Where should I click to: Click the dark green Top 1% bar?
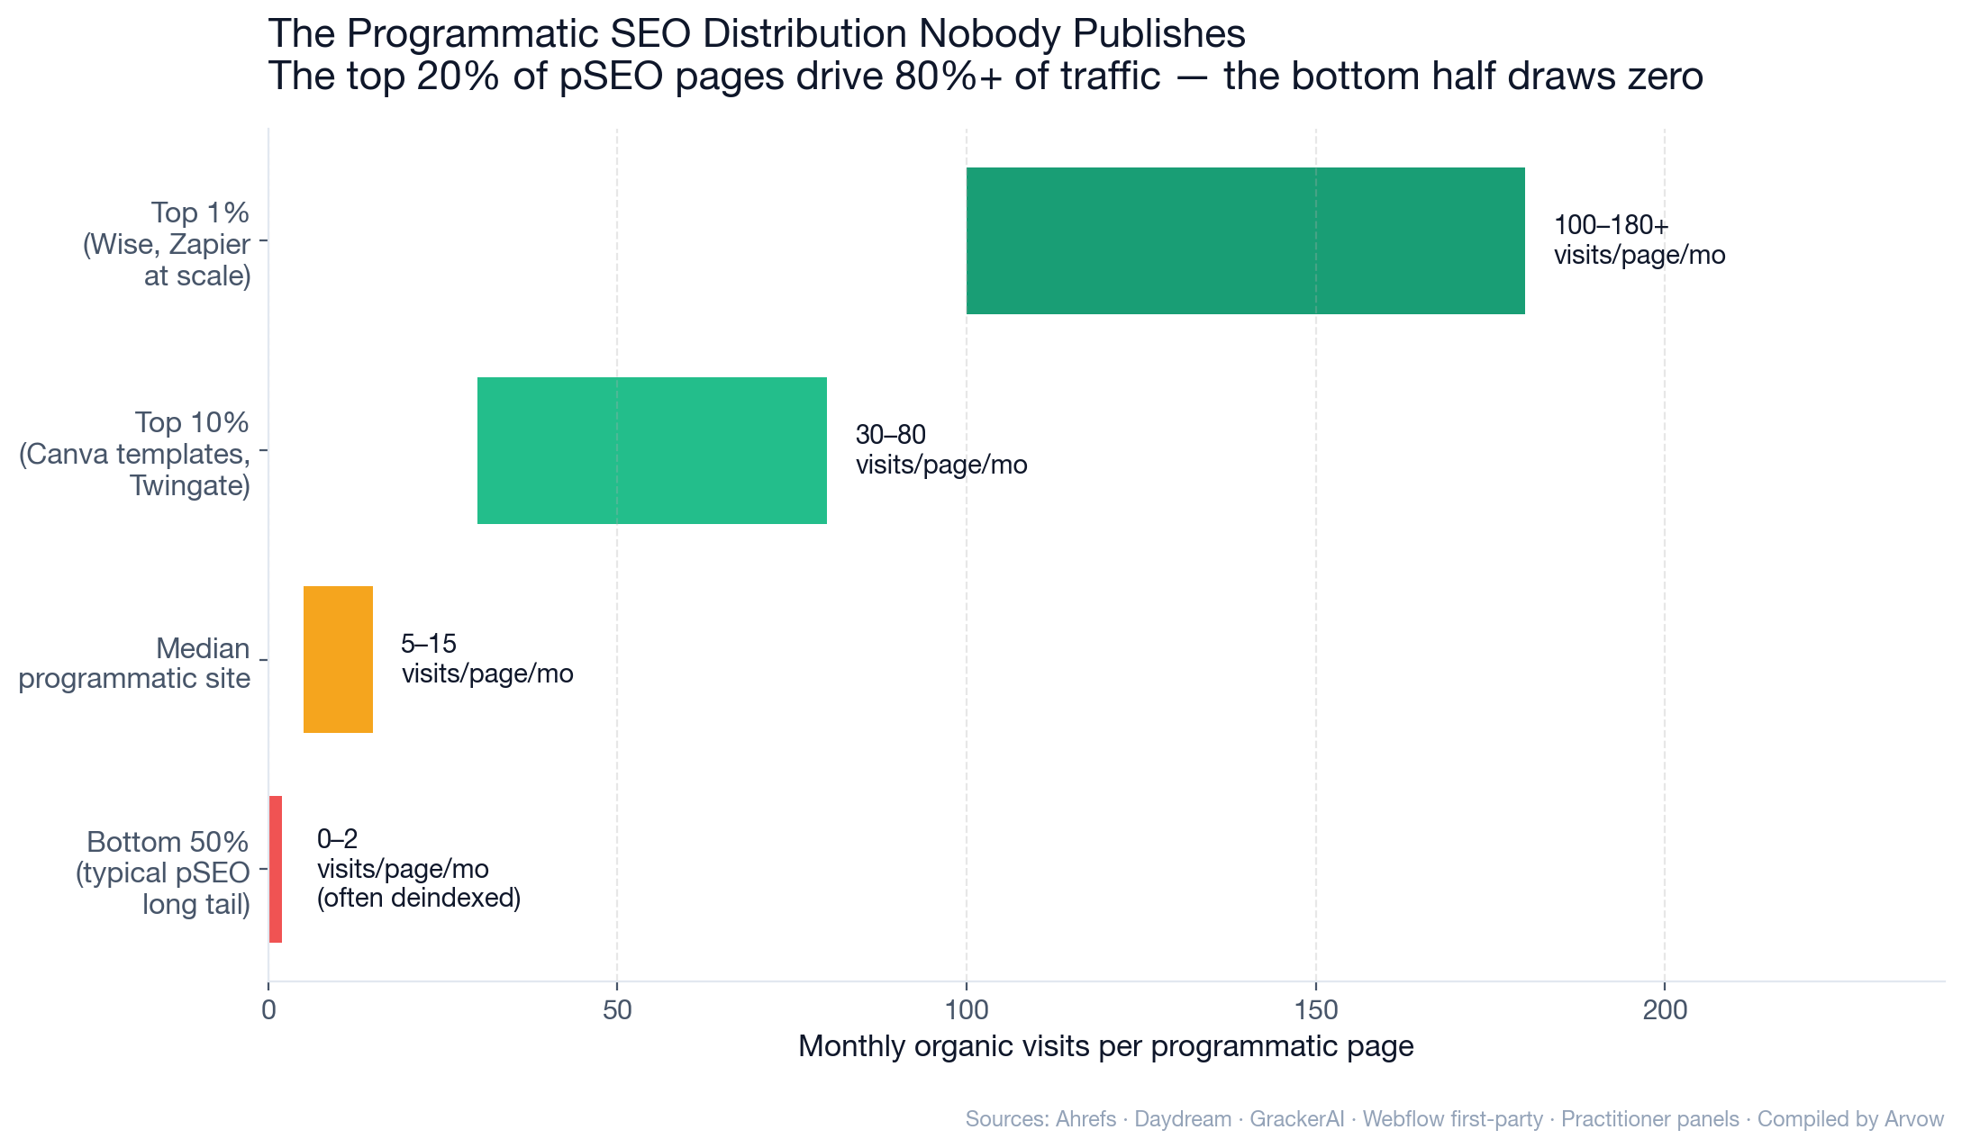tap(1245, 240)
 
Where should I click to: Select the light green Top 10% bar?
tap(651, 450)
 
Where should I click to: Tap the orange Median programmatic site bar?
tap(338, 659)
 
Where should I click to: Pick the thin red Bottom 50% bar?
tap(276, 869)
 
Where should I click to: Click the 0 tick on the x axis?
tap(268, 1010)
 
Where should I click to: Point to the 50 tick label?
tap(617, 1010)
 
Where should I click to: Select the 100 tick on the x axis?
tap(967, 1010)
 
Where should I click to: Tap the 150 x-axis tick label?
tap(1316, 1010)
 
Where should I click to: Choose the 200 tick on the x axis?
tap(1665, 1010)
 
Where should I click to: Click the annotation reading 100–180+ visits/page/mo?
tap(1639, 240)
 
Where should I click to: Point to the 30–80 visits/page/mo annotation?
tap(940, 450)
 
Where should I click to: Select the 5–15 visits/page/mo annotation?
tap(486, 659)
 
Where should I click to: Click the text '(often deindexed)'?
tap(419, 899)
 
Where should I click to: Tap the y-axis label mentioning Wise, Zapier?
tap(168, 244)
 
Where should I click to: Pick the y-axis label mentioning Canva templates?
tap(135, 454)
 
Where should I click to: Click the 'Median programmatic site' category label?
tap(135, 663)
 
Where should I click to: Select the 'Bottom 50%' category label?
tap(168, 843)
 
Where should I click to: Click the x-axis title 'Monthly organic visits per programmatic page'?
tap(1105, 1046)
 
